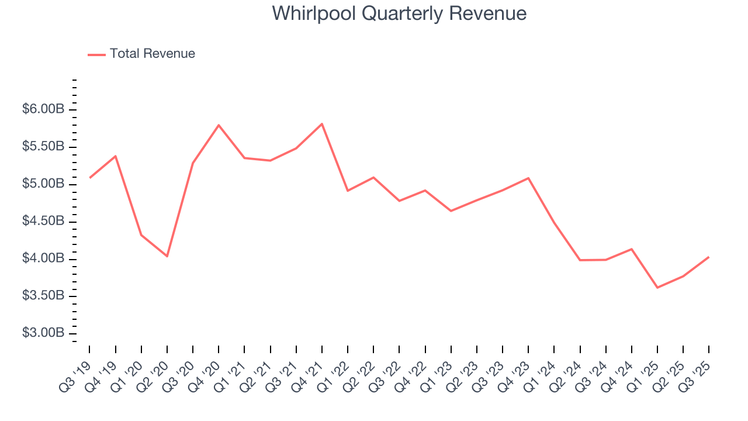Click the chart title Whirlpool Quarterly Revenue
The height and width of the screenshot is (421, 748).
point(399,13)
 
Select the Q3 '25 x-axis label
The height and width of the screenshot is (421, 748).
point(696,374)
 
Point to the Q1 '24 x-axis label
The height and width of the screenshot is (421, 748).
point(541,374)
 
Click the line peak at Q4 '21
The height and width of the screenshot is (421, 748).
point(322,123)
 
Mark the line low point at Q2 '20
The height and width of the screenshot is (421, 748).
point(167,256)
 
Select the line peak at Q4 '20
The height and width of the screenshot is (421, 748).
point(219,125)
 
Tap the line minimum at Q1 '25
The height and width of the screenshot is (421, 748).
point(657,288)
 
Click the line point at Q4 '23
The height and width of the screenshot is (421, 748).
point(528,178)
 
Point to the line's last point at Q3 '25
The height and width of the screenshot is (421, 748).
point(709,257)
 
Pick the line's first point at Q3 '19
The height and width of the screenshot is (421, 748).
point(90,178)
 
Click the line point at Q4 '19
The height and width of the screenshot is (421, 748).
point(116,156)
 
